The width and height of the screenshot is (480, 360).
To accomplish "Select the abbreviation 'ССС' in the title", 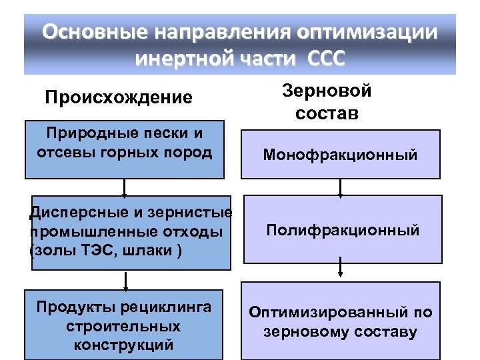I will [x=327, y=59].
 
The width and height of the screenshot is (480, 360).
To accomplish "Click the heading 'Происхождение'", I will [x=119, y=98].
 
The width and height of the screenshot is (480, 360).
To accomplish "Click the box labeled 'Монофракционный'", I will [x=340, y=155].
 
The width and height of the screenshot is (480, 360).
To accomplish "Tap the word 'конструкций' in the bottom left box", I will [x=124, y=345].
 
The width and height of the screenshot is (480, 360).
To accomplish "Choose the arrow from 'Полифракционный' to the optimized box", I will [x=341, y=269].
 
